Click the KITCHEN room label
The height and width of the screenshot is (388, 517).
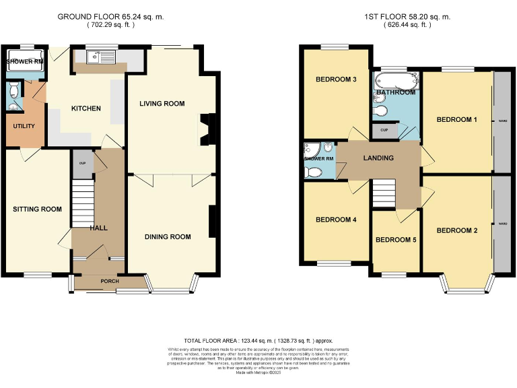pyautogui.click(x=86, y=108)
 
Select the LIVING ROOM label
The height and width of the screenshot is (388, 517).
pyautogui.click(x=162, y=104)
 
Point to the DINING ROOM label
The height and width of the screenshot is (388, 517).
pyautogui.click(x=167, y=237)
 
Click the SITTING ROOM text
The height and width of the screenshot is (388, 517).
pyautogui.click(x=37, y=209)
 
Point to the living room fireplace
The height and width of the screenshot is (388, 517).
pyautogui.click(x=205, y=129)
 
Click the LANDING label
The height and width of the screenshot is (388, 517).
pyautogui.click(x=378, y=158)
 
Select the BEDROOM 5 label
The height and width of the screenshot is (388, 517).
pyautogui.click(x=397, y=240)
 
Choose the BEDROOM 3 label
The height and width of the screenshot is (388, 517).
pyautogui.click(x=336, y=79)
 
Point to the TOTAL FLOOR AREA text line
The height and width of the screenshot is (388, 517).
pyautogui.click(x=258, y=341)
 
